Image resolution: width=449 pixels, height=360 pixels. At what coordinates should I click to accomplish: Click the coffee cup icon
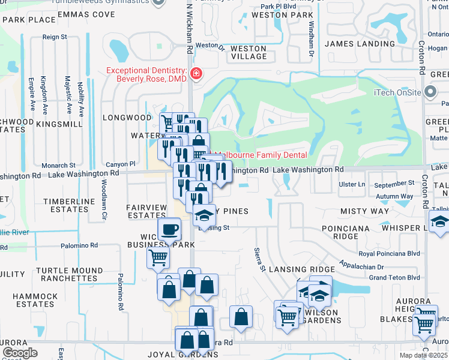(169, 229)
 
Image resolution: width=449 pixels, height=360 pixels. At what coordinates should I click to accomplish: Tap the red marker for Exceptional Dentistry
(196, 74)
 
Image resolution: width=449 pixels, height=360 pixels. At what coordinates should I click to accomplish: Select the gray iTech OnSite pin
(430, 92)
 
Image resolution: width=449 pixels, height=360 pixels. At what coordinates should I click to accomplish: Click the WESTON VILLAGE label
(249, 52)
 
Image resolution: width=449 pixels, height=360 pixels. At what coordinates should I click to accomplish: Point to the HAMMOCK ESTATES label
(35, 300)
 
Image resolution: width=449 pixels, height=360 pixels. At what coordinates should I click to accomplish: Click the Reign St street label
(55, 37)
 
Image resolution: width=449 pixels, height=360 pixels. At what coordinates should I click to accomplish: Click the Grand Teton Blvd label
(394, 278)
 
